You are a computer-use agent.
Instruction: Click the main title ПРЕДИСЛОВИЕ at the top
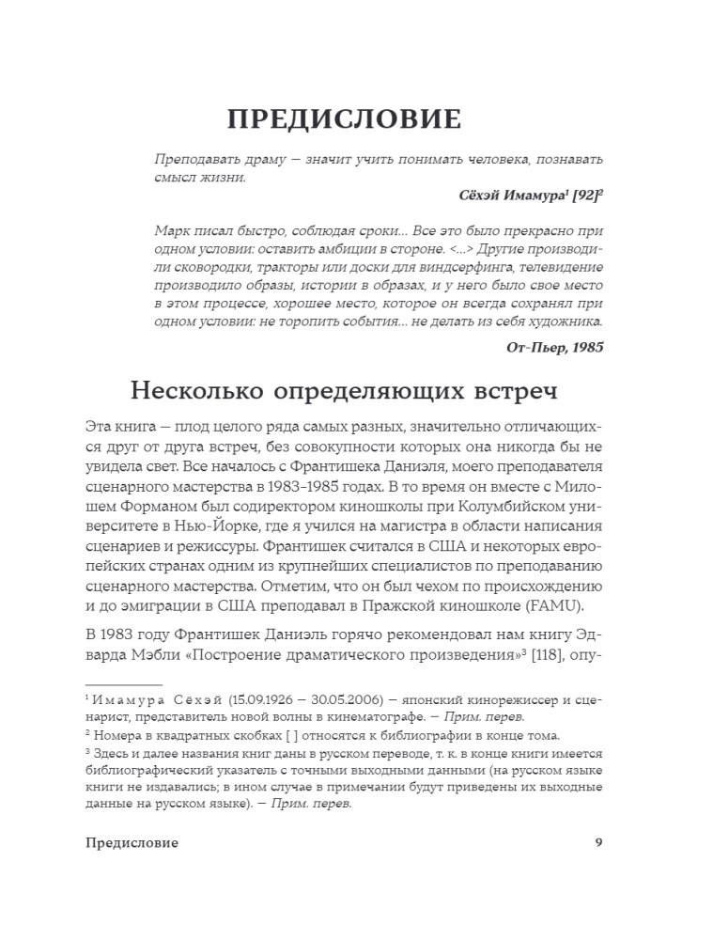(x=345, y=120)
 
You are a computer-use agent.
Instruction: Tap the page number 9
(x=598, y=842)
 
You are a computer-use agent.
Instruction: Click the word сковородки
(x=208, y=274)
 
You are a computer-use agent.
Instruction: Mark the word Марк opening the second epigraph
(x=170, y=230)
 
